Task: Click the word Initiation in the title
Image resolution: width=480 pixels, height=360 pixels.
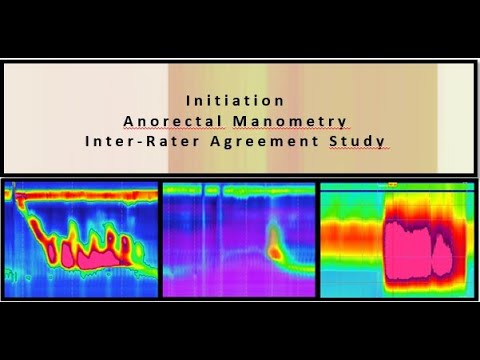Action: point(235,101)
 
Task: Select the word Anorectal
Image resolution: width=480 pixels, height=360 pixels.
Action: point(164,121)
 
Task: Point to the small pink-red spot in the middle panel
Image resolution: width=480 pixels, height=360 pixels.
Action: point(273,243)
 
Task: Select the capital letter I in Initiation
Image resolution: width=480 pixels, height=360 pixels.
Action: point(188,101)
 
